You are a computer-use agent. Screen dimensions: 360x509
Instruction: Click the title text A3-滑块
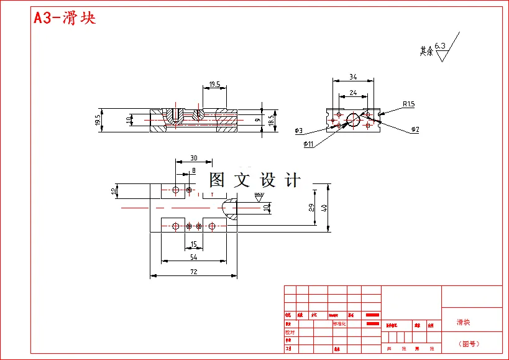65,18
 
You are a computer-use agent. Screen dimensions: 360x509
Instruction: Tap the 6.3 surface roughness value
440,45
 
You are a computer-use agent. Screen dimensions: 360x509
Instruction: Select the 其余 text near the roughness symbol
426,51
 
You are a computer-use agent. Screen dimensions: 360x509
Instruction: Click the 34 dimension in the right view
353,77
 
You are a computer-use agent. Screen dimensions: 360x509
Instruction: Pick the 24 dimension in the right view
353,93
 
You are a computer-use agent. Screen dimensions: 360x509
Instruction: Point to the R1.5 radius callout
408,104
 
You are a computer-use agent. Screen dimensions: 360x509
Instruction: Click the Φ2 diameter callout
415,129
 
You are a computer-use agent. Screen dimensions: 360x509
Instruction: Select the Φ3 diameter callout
299,131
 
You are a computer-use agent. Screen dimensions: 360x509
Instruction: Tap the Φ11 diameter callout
309,144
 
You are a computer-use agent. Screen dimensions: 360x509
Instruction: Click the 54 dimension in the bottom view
193,257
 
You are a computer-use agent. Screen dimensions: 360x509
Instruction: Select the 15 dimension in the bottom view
194,244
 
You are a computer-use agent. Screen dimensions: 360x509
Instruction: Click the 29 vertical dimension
311,208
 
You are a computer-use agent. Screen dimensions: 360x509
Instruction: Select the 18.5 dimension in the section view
271,120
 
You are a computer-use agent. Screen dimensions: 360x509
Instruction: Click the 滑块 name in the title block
464,322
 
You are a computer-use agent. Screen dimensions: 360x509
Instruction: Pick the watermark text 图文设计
255,180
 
